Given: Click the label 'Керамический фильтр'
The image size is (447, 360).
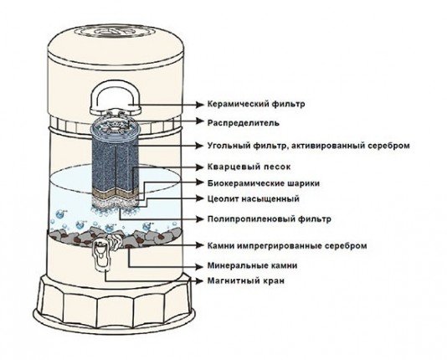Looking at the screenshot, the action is click(x=256, y=104).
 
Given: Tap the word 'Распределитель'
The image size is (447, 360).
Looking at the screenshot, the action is click(x=243, y=123).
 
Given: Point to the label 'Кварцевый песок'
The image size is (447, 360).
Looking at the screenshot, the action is click(x=249, y=167).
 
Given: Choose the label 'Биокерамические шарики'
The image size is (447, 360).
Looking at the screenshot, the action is click(x=264, y=183).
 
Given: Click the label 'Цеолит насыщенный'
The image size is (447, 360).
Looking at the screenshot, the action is click(x=253, y=198).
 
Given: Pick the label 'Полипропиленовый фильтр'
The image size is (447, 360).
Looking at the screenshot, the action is click(x=269, y=219).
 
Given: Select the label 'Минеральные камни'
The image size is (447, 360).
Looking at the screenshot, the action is click(x=252, y=266).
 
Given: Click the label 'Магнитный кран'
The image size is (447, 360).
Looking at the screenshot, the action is click(x=246, y=281).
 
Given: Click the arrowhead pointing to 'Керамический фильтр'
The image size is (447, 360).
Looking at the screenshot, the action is click(x=200, y=105).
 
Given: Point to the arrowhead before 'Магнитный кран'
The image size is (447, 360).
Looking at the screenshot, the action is click(x=200, y=281).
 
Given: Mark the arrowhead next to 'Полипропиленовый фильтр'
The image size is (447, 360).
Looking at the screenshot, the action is click(x=200, y=219).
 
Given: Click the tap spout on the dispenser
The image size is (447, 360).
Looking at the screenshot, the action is click(x=102, y=255).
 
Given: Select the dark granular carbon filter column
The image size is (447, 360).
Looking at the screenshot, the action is click(x=115, y=165).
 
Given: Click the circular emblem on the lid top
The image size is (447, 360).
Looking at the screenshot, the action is click(x=116, y=32).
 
